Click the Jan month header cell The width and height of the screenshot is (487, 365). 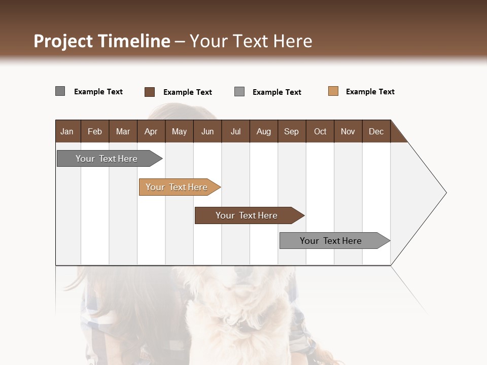point(67,131)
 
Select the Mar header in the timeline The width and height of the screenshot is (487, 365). point(123,131)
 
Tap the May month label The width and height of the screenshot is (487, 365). point(179,131)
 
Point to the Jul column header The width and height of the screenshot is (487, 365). point(235,131)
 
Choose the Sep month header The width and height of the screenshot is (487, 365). point(291,131)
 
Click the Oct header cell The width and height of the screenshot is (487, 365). point(320,131)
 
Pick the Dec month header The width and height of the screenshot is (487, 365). point(376,131)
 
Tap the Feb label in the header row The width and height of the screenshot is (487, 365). point(95,131)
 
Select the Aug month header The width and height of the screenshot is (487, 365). point(263,131)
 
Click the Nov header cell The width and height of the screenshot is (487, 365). point(348,131)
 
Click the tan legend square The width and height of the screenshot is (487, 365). point(333,91)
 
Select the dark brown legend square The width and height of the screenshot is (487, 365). point(150,92)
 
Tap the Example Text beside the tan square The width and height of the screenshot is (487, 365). point(370,92)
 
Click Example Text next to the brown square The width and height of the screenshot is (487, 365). point(187,92)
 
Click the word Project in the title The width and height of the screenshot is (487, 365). point(63,41)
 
